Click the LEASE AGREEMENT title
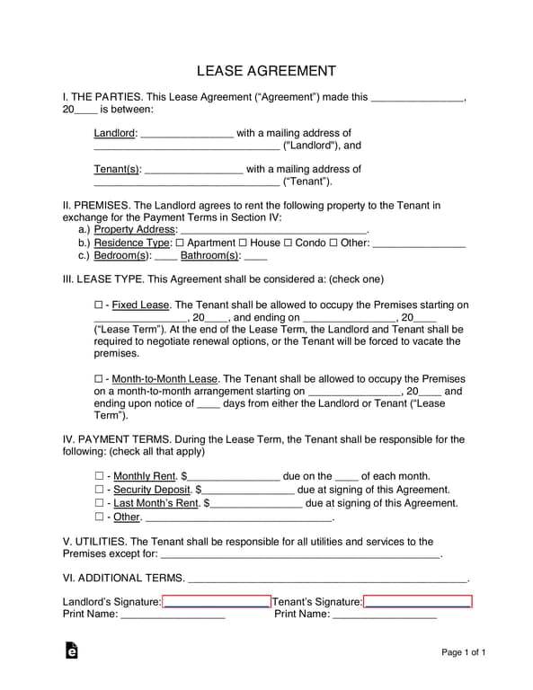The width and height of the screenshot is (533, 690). tap(266, 70)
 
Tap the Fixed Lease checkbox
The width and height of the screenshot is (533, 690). tap(98, 305)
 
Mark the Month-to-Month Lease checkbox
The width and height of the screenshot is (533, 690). tap(98, 380)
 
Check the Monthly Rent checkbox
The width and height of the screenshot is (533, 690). tap(99, 476)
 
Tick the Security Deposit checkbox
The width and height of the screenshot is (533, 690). tap(99, 490)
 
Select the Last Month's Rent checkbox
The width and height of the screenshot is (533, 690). tap(99, 503)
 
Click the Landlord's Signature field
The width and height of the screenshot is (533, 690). tap(217, 602)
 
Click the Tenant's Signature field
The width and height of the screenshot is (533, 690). tap(418, 602)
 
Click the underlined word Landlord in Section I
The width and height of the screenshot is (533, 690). tap(114, 133)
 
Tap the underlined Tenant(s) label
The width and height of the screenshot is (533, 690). tap(118, 169)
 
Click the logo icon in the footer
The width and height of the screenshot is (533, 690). tap(71, 650)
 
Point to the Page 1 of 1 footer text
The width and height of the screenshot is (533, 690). tap(464, 652)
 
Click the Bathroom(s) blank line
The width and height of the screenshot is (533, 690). tap(255, 256)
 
